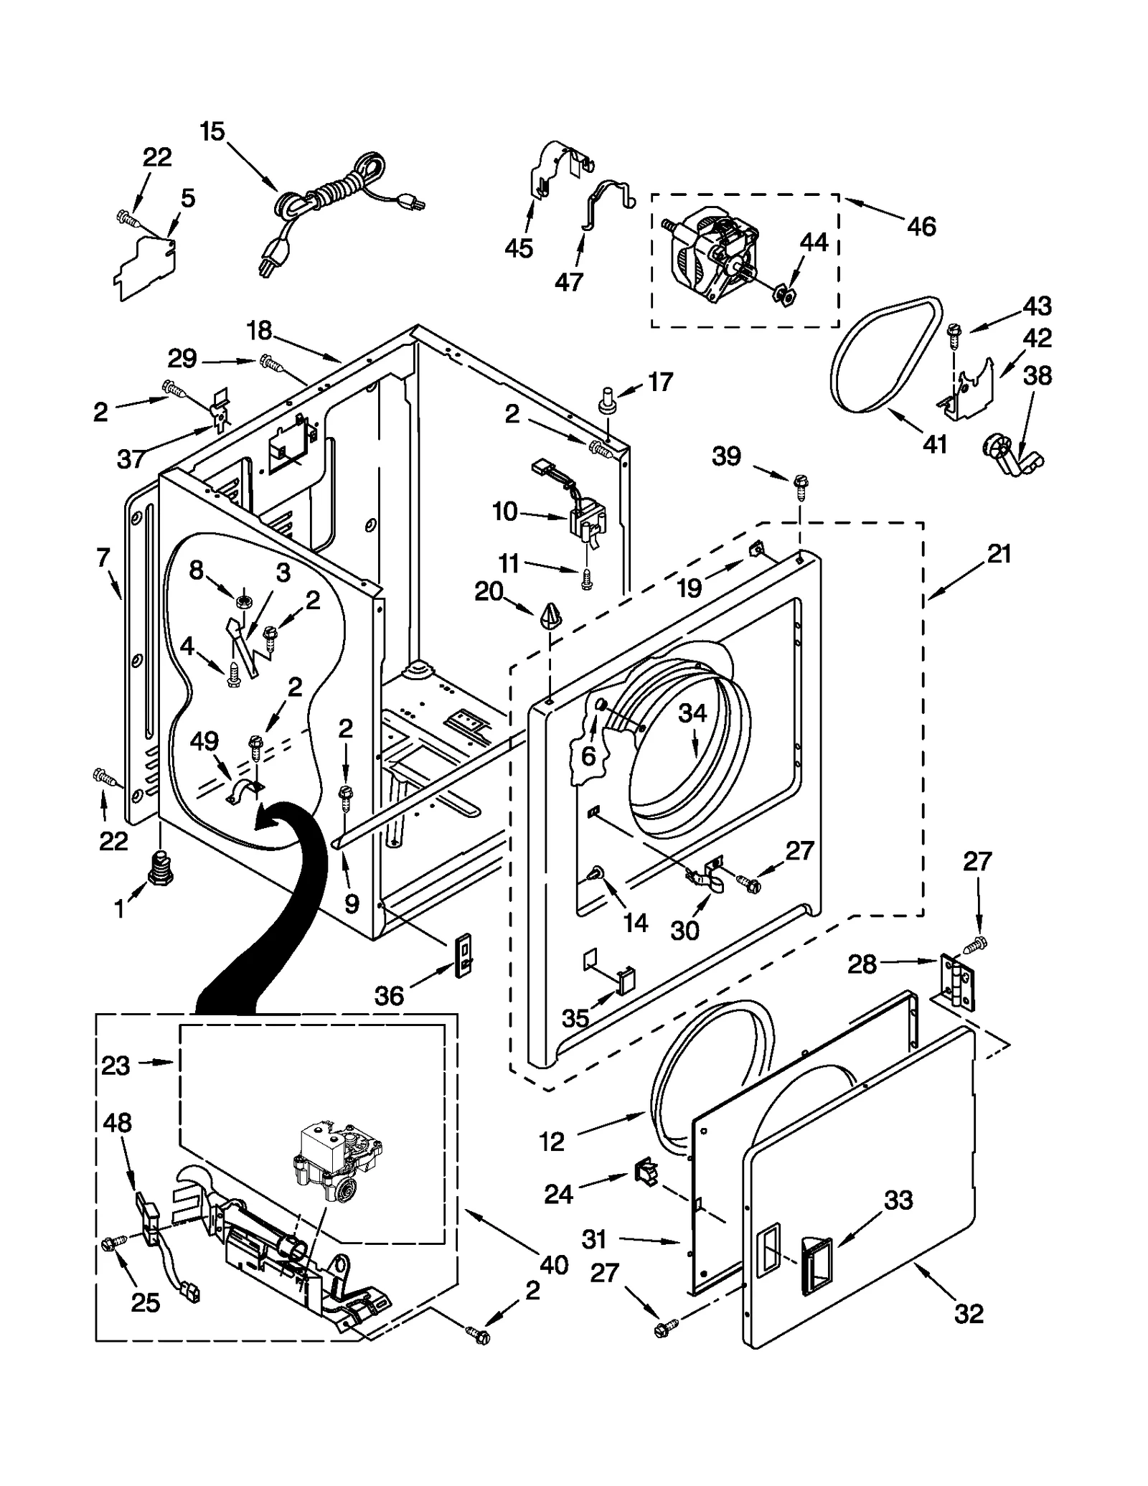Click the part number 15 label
(x=212, y=132)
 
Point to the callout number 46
(x=921, y=227)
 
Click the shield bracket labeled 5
(x=145, y=265)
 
